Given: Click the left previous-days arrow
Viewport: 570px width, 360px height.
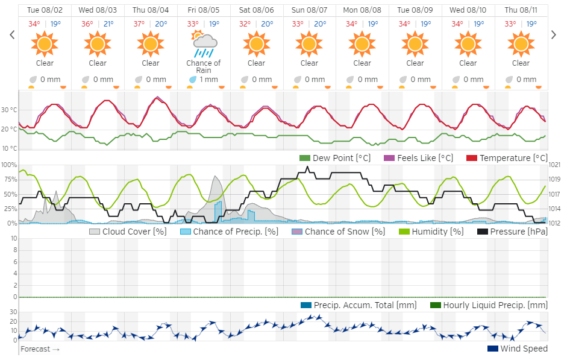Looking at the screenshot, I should coord(12,35).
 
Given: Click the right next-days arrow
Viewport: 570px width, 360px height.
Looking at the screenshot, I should coord(554,35).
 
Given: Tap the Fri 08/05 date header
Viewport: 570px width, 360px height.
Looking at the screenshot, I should coord(204,10).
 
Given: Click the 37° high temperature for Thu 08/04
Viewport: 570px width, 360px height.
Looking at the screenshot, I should coord(140,24).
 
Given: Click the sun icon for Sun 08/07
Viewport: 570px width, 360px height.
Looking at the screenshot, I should coord(309,44).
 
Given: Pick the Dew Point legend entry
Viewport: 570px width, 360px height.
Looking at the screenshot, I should coord(335,158).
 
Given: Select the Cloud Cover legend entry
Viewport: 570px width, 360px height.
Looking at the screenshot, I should coord(128,232).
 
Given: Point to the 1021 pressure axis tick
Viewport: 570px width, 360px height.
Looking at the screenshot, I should coord(555,165).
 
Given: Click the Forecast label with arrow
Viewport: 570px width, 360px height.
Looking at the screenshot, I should coord(40,349).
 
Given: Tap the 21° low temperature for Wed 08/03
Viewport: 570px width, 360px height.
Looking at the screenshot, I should coord(108,24).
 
